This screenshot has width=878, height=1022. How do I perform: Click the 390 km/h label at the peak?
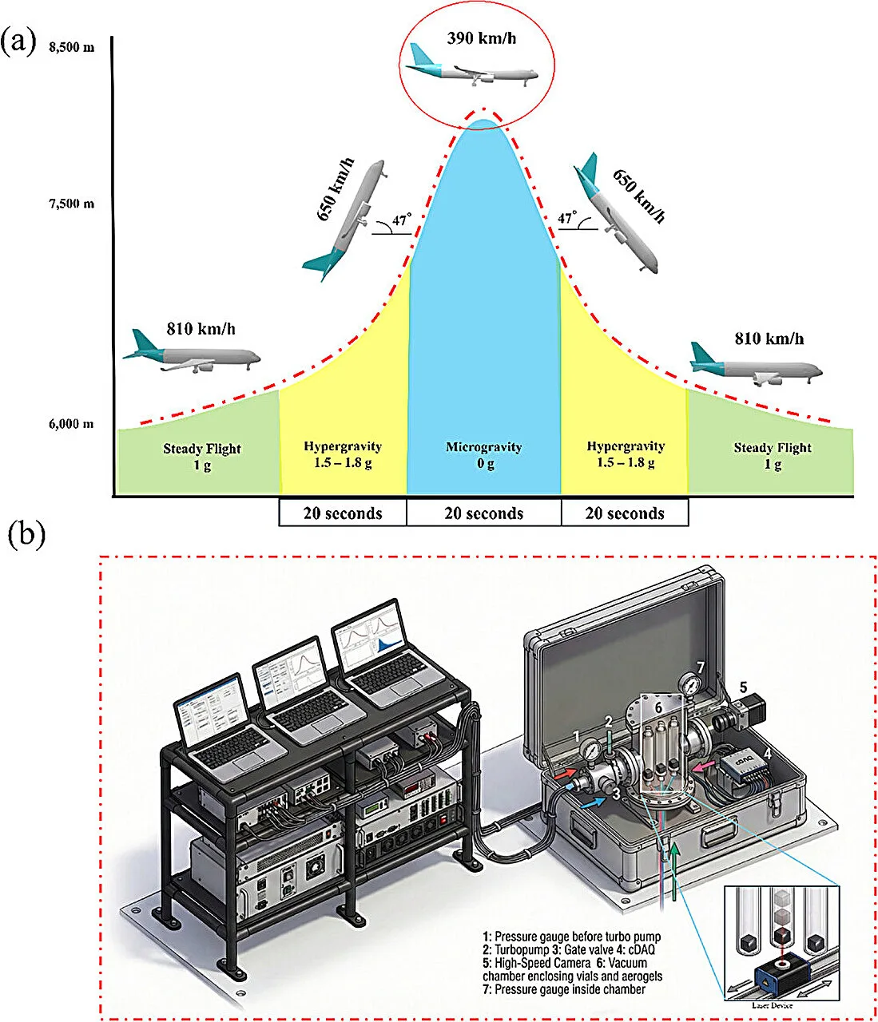click(x=481, y=38)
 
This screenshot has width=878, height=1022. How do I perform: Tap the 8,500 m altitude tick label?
click(x=71, y=47)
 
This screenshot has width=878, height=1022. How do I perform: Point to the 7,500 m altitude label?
click(x=71, y=204)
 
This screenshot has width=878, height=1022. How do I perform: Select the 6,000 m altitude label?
click(x=71, y=424)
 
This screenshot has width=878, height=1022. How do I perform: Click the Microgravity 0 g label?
click(x=484, y=454)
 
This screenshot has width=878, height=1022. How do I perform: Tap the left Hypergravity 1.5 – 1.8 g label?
click(x=343, y=454)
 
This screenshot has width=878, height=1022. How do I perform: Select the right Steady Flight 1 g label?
click(x=772, y=455)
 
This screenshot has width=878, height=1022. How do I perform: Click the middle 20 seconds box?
click(x=483, y=513)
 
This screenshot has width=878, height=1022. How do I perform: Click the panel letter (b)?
click(x=26, y=534)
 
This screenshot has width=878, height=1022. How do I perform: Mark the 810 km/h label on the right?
click(x=769, y=339)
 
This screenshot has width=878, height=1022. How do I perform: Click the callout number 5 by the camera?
click(x=743, y=687)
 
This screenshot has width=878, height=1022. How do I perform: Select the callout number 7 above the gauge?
click(x=701, y=667)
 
